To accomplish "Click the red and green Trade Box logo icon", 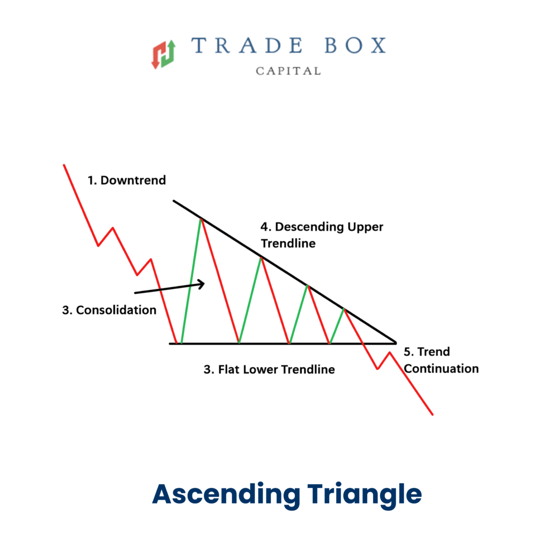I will (x=164, y=54).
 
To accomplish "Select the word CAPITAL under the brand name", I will (x=288, y=71).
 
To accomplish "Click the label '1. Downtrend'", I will (x=127, y=180).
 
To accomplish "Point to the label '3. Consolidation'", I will (x=109, y=310).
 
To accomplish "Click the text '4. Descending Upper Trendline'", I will (x=322, y=235).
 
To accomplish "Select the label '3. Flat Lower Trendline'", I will (x=269, y=369).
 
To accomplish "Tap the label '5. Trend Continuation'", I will (x=441, y=360).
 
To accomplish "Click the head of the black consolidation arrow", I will (x=203, y=284).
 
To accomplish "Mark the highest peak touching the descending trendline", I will (x=201, y=218).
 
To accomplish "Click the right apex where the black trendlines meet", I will (x=396, y=342).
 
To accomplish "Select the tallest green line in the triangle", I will (x=191, y=280).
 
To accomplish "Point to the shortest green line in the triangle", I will (x=337, y=326).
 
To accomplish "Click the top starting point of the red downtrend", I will (x=64, y=165).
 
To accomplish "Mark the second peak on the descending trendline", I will (x=261, y=258).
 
